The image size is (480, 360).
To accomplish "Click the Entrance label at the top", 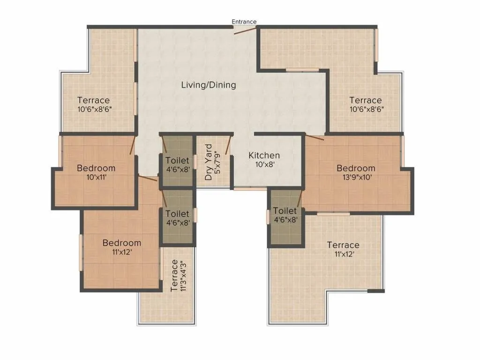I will tap(244, 22).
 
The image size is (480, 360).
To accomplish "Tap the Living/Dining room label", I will tap(209, 85).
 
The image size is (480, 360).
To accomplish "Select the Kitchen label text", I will tap(264, 156).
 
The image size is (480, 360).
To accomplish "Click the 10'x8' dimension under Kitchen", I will tap(264, 165).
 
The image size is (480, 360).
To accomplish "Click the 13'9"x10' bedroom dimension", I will tap(356, 177).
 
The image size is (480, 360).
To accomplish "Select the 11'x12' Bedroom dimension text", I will tap(121, 252).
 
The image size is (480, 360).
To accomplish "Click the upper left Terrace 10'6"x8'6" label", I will tap(94, 104).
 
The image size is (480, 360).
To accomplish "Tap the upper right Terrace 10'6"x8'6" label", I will tap(365, 104).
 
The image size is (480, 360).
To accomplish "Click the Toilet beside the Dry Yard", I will tap(177, 165).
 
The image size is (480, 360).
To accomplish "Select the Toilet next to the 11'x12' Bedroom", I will tap(177, 218).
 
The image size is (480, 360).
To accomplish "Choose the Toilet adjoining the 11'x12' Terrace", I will tap(285, 215).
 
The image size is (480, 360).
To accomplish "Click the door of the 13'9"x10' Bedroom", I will tap(315, 137).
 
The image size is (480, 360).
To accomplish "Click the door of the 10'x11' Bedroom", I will tap(133, 145).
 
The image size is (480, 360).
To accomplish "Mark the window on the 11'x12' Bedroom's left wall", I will tap(81, 252).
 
